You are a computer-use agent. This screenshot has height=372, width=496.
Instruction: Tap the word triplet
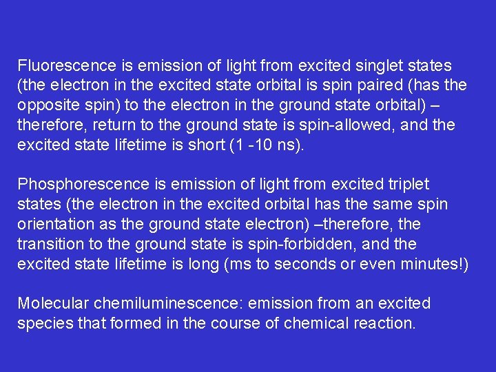pos(405,185)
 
